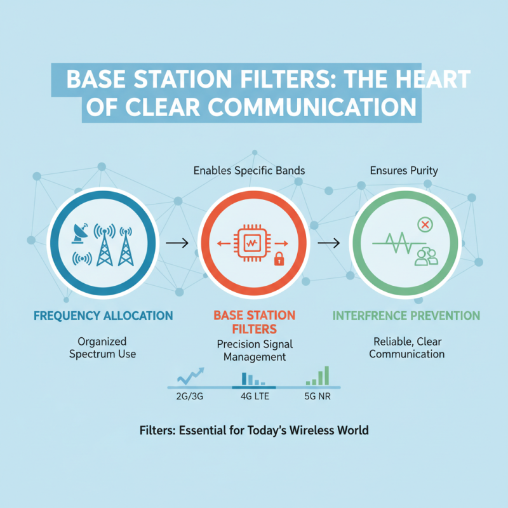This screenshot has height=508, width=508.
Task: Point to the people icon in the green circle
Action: [426, 256]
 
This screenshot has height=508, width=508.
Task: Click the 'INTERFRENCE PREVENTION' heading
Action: [406, 316]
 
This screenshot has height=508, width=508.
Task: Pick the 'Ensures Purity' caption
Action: [404, 171]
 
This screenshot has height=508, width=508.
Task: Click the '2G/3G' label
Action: [190, 398]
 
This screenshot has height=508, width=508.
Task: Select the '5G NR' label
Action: [317, 398]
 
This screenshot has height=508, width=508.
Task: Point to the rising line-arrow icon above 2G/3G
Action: [190, 377]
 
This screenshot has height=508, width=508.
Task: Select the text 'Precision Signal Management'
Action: [253, 351]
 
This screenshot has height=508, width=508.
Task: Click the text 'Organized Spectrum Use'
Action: [102, 347]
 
